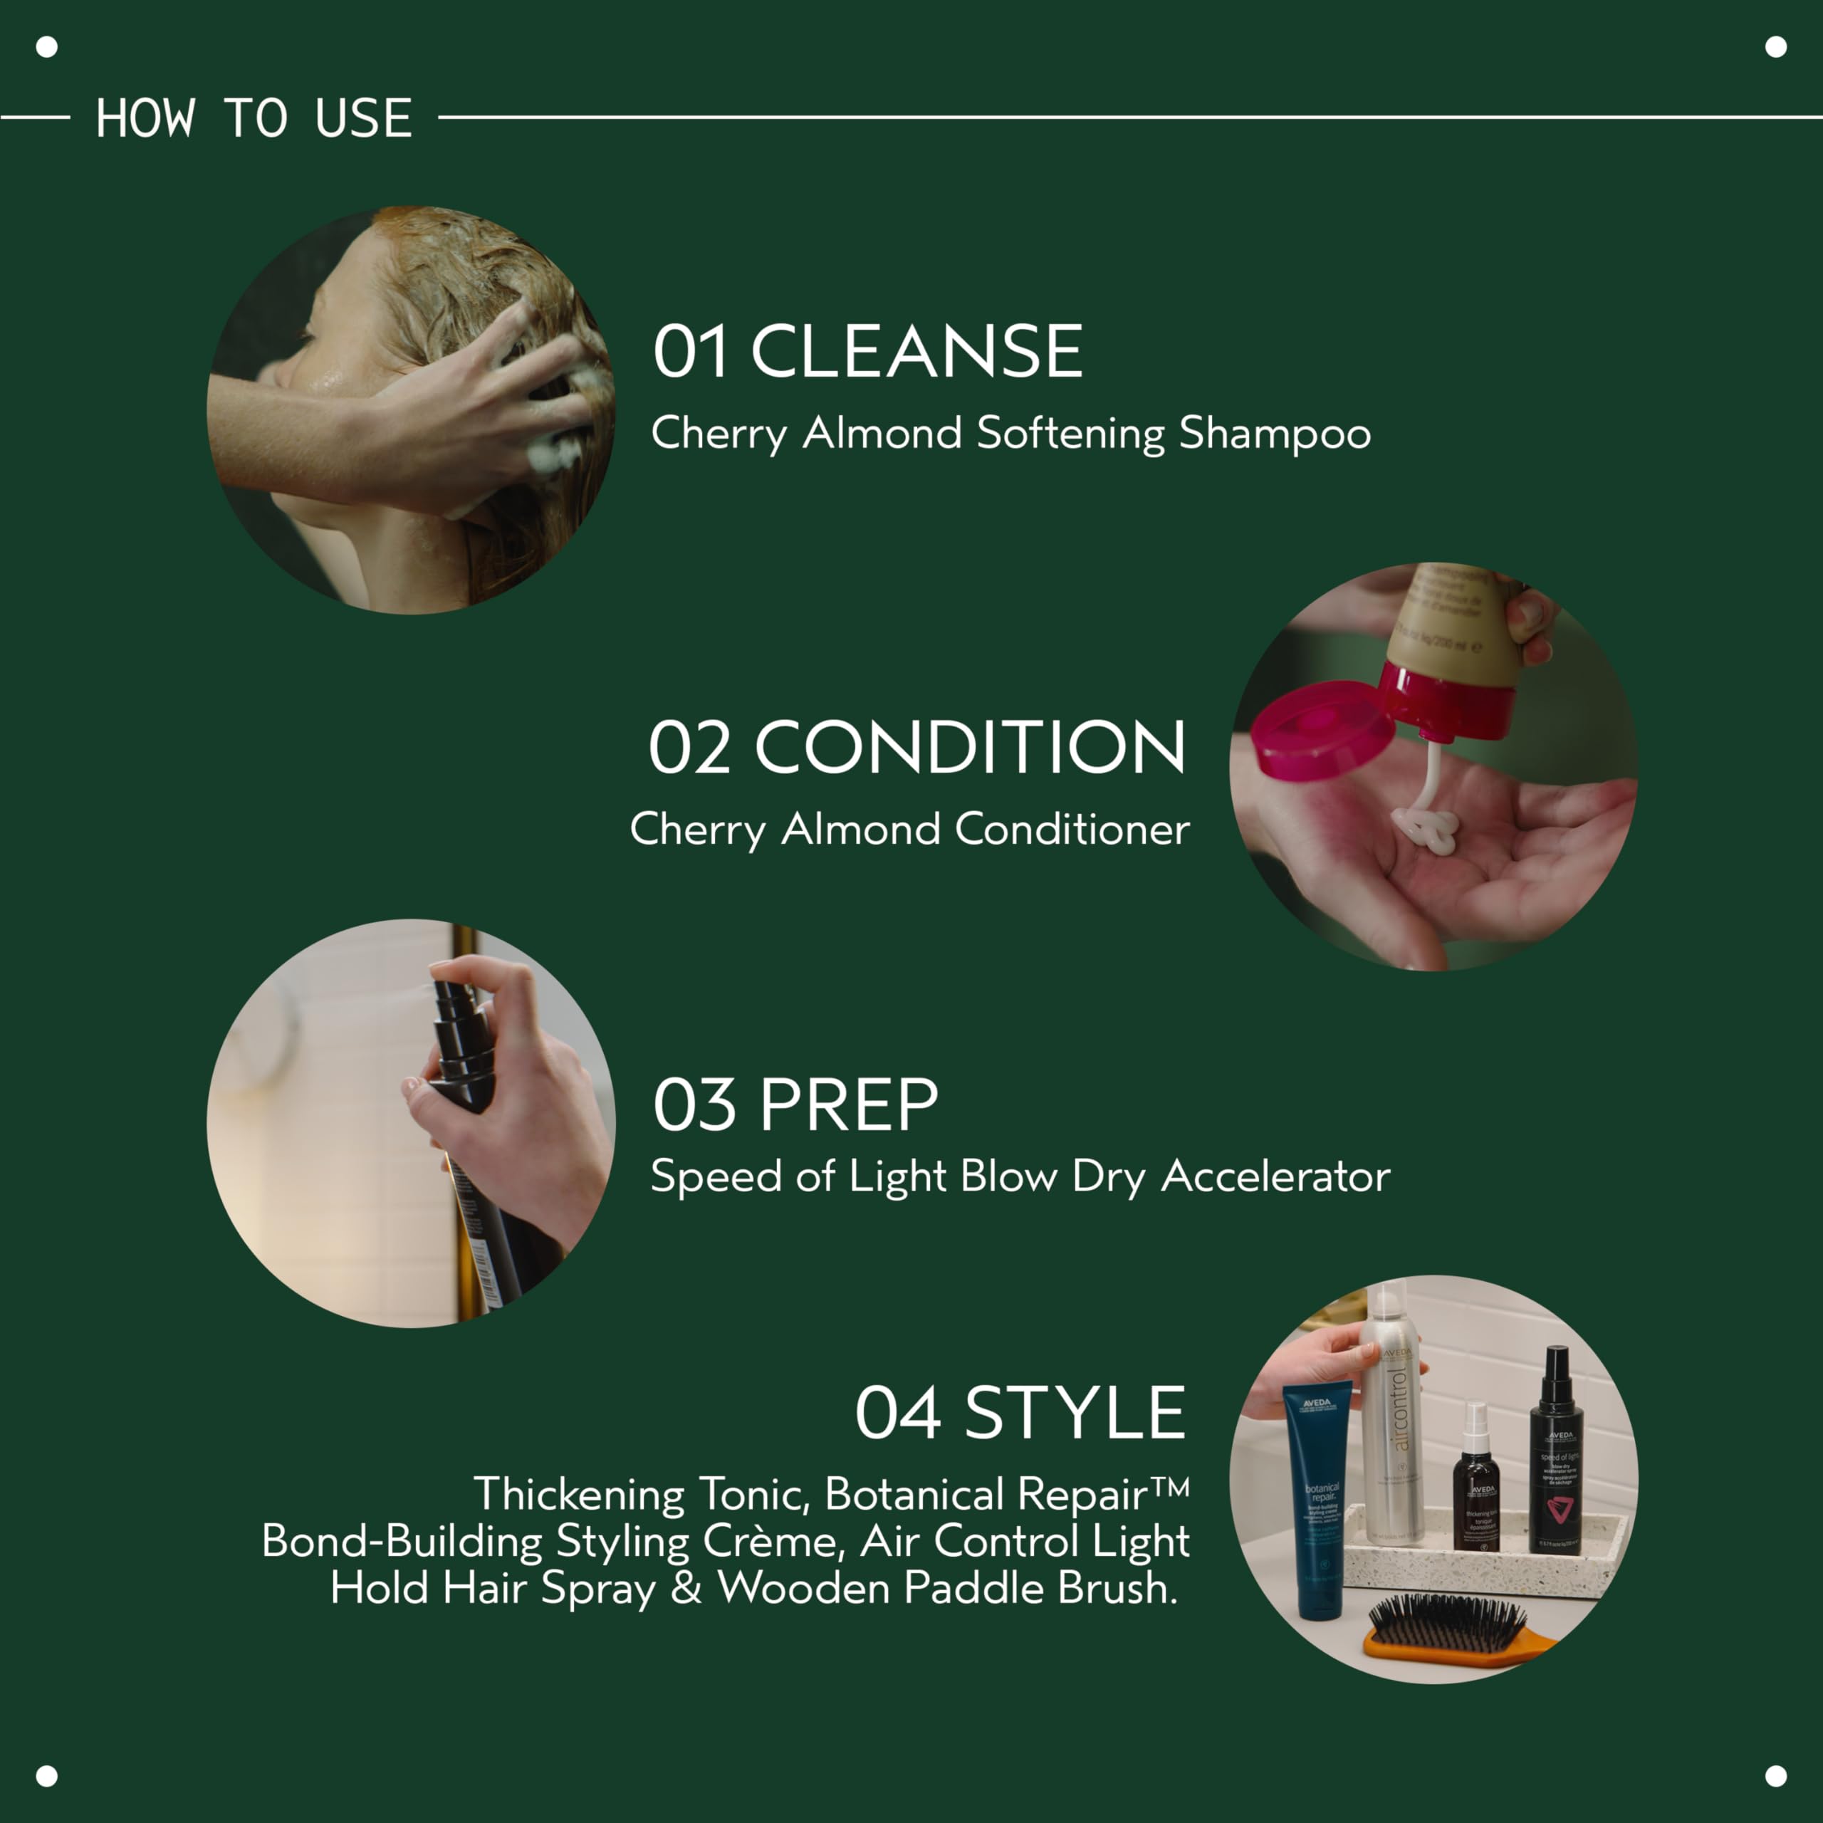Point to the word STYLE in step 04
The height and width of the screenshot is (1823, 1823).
(1075, 1414)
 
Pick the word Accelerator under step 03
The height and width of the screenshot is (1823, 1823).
(1275, 1176)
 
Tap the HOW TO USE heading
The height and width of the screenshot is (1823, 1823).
(254, 118)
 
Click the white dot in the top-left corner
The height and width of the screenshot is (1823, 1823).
(46, 46)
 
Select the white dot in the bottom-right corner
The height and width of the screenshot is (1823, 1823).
(1776, 1776)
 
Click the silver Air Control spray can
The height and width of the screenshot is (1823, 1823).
(1391, 1425)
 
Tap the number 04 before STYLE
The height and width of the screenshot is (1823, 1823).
(897, 1414)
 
